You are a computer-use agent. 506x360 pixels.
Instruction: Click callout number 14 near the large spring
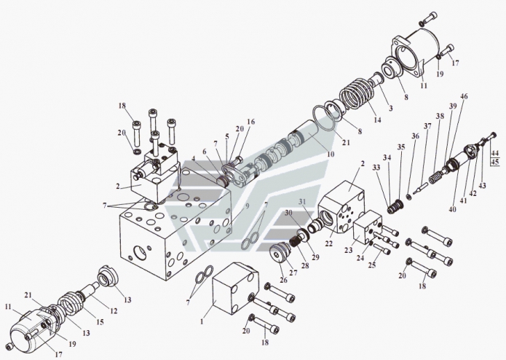click(376, 120)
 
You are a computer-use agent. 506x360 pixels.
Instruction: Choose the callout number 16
click(250, 122)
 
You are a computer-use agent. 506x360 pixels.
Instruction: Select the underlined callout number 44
click(495, 153)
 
